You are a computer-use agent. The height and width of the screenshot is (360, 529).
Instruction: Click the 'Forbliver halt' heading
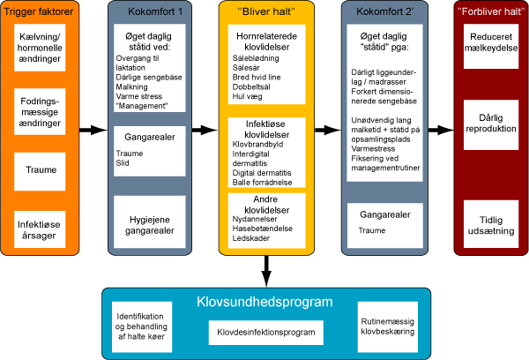pos(486,13)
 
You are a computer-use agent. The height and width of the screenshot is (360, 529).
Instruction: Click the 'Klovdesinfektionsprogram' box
pos(266,332)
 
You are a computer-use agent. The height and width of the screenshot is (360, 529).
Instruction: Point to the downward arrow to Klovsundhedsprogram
pos(267,268)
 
